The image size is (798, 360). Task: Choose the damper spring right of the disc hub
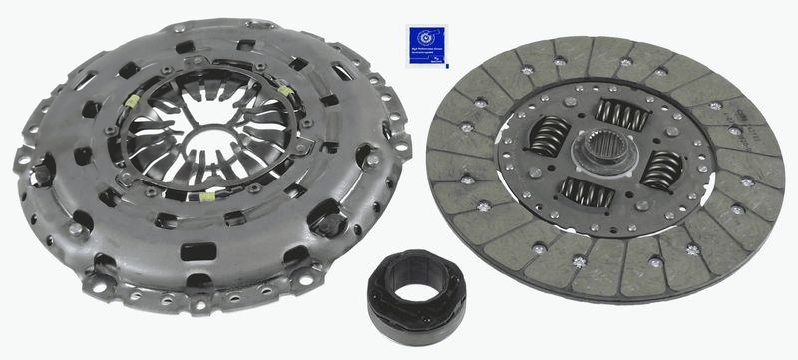click(x=662, y=169)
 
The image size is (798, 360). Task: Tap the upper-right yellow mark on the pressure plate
click(x=287, y=91)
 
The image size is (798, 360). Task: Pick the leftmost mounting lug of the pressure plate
click(x=22, y=159)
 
